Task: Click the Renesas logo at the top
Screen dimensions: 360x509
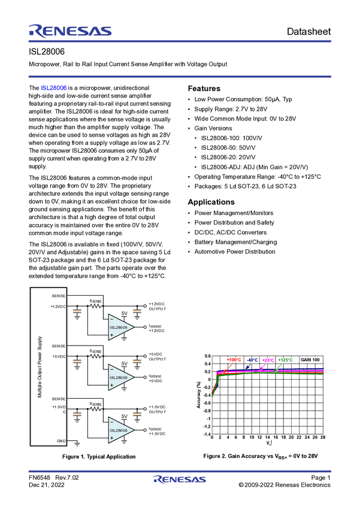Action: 69,30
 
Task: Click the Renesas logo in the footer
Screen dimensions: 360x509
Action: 180,480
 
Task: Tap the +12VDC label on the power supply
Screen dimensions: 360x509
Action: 59,306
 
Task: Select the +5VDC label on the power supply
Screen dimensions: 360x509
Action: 59,357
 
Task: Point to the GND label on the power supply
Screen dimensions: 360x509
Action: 61,441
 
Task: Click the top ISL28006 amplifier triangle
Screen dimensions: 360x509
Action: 120,327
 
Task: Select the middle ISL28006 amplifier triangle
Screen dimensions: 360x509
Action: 120,377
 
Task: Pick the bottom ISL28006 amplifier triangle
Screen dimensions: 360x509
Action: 120,430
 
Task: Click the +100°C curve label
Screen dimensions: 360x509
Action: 234,360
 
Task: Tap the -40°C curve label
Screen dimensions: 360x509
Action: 252,360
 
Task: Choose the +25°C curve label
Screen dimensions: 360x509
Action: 268,360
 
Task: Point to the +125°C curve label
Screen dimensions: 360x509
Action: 286,360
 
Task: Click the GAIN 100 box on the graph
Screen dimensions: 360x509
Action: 310,359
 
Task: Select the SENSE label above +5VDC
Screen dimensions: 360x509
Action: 59,346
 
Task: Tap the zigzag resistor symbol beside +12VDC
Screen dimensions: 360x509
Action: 95,306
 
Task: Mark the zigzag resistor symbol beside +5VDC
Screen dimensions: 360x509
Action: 95,357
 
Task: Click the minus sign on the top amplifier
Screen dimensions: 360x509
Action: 112,319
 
